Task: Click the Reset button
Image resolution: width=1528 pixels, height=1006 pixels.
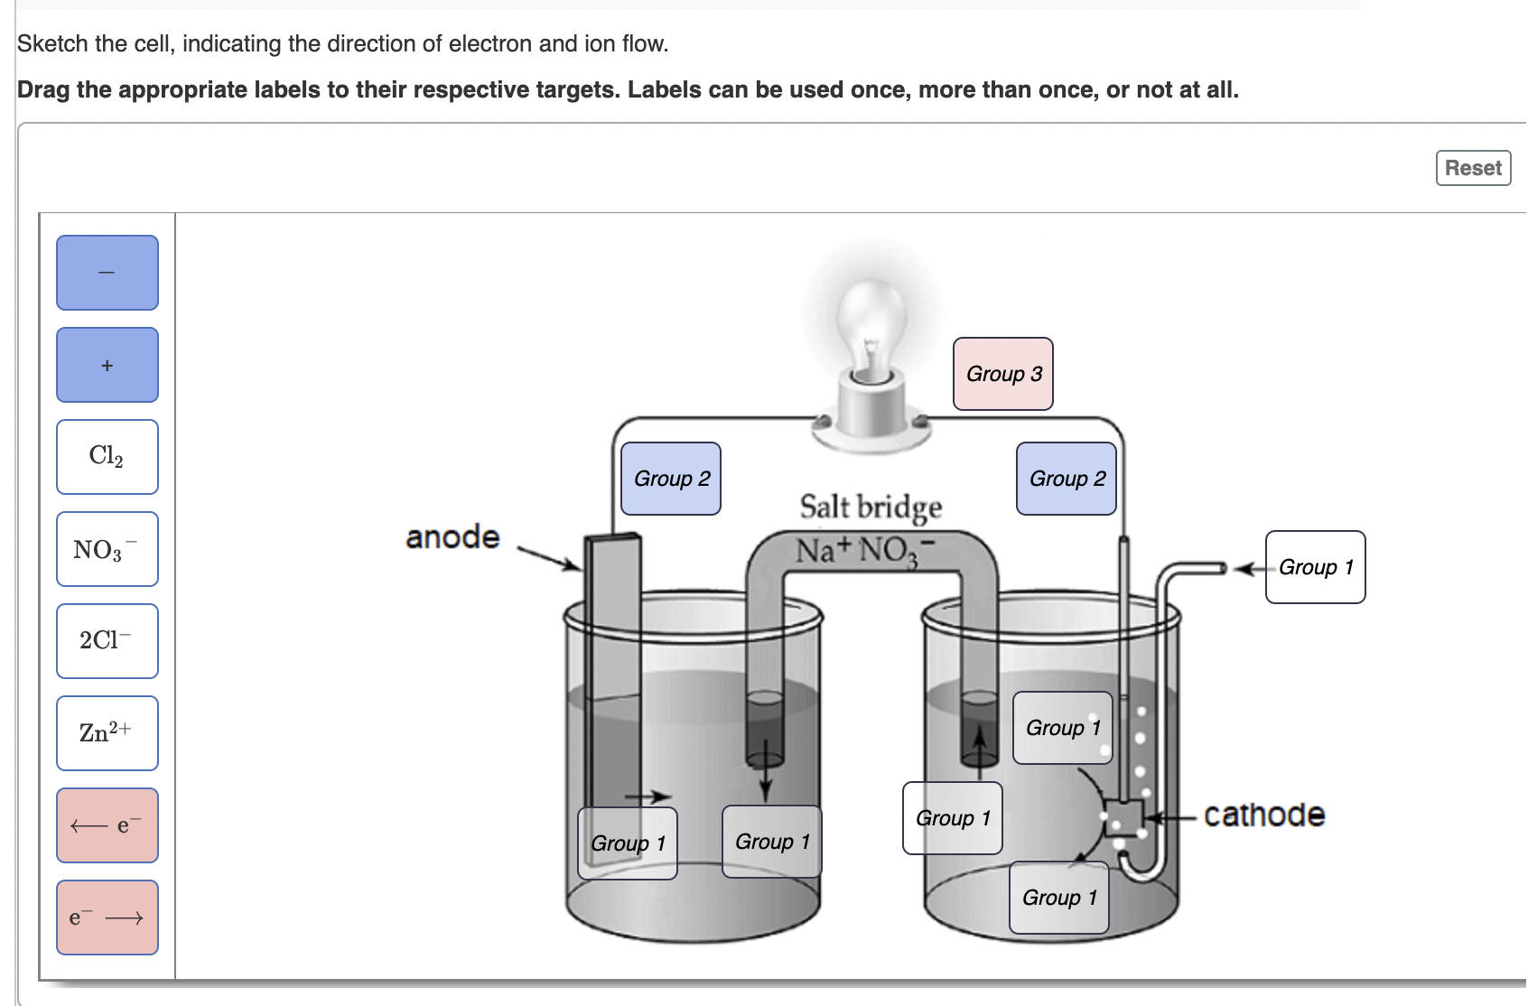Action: click(x=1472, y=168)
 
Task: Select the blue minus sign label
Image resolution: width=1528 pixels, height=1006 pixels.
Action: click(x=107, y=273)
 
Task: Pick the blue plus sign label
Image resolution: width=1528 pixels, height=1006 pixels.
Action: click(x=107, y=365)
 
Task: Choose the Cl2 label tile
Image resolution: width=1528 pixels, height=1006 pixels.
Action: click(x=107, y=457)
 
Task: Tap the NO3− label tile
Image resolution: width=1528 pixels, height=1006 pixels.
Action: click(x=107, y=549)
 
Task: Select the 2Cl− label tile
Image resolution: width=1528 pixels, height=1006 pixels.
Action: click(x=107, y=641)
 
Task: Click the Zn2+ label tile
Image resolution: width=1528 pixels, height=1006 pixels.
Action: click(x=107, y=733)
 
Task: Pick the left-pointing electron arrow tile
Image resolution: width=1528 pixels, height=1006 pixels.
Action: click(x=107, y=825)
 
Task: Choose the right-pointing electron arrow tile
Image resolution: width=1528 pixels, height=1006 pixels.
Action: click(x=107, y=918)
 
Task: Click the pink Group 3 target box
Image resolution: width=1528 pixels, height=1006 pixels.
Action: click(x=1002, y=374)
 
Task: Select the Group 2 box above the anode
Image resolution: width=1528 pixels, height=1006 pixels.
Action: click(x=671, y=479)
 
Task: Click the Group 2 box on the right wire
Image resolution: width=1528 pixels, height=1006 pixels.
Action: click(x=1067, y=479)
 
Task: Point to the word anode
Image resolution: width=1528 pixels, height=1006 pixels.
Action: click(x=452, y=537)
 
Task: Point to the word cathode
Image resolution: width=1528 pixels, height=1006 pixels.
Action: click(x=1264, y=815)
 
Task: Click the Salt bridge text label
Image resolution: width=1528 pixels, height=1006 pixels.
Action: click(x=871, y=507)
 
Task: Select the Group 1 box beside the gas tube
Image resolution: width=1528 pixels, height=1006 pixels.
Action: click(x=1315, y=567)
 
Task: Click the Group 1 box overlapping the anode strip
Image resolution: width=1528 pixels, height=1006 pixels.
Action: click(x=628, y=843)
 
